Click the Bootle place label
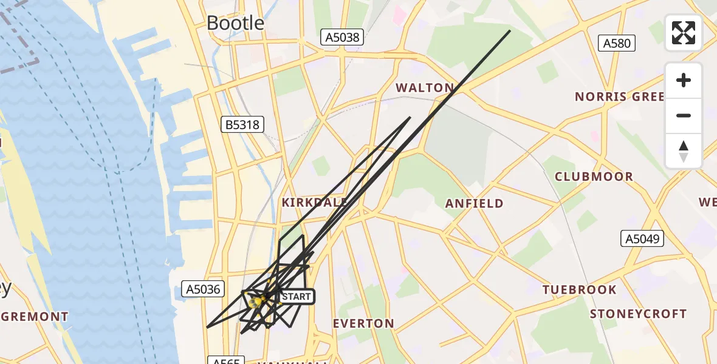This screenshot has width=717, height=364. pos(235,23)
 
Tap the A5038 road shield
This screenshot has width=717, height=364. pos(342,38)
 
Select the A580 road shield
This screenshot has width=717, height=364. pos(617,43)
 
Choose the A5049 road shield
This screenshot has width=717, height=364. pos(643,239)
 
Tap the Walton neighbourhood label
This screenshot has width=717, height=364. pos(425,88)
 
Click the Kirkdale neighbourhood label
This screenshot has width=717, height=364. pos(314,202)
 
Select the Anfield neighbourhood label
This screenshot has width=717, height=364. pos(475,203)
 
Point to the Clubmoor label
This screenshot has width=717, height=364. pos(594,177)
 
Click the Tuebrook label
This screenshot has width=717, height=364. pos(579,289)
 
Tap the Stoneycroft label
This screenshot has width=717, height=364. pos(638,314)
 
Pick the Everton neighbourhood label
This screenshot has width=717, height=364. pos(363,323)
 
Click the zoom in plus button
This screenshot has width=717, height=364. pos(684,81)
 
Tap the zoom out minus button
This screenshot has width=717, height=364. pos(684,116)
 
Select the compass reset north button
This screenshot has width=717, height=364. pos(684,151)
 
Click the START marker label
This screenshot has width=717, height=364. pos(297,297)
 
